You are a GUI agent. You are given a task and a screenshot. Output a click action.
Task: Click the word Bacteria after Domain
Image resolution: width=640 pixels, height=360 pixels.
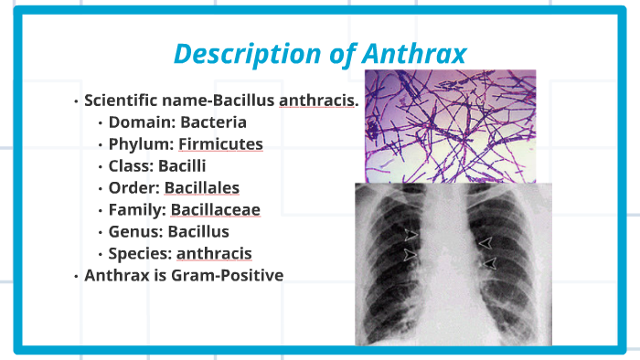[x=214, y=122]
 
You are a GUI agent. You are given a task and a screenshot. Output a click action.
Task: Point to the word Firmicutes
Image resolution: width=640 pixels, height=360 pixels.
[x=220, y=143]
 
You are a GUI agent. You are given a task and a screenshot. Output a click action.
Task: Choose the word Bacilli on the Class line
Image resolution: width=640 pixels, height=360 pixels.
[x=182, y=165]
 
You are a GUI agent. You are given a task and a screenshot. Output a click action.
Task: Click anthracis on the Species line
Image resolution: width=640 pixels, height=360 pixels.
[x=214, y=253]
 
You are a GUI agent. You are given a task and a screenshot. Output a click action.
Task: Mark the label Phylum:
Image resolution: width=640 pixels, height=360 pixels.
[x=141, y=143]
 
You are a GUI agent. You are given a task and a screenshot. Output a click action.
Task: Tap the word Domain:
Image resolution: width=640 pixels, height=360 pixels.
[x=142, y=122]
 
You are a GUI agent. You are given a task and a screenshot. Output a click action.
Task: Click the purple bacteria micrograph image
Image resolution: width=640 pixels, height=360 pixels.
[x=450, y=125]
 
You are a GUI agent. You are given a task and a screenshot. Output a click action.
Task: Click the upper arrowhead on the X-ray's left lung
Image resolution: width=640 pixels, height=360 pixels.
[x=412, y=236]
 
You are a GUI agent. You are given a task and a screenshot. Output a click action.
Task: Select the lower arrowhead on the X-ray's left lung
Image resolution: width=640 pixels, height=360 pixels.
[x=412, y=257]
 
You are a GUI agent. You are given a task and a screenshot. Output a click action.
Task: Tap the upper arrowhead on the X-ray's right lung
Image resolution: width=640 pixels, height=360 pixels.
[x=486, y=242]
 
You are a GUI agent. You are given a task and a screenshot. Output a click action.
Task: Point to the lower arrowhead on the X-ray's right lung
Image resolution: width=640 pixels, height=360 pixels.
[x=490, y=263]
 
